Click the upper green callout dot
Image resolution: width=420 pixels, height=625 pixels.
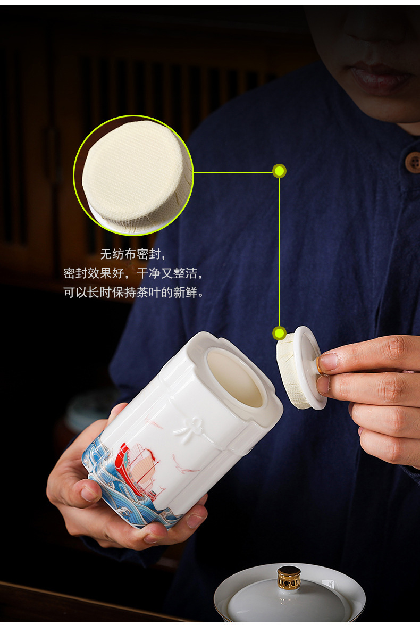point(279,171)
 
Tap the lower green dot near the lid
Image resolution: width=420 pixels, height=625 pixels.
point(279,333)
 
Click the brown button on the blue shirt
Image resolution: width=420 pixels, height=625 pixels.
point(413,162)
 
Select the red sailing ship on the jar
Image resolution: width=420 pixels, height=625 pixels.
point(136,469)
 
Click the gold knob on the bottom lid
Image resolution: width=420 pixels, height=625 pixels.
point(289,578)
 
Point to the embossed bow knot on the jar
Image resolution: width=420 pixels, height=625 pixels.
point(194,430)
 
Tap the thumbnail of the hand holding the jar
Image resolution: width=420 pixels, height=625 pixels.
point(89,494)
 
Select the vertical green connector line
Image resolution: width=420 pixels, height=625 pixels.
point(279,252)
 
